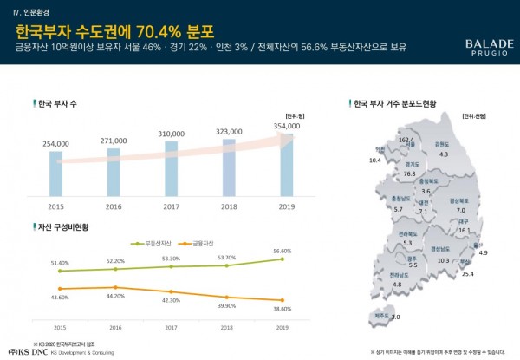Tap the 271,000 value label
pyautogui.click(x=114, y=139)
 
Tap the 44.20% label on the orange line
pyautogui.click(x=114, y=296)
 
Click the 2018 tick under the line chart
pyautogui.click(x=228, y=328)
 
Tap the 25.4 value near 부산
pyautogui.click(x=467, y=274)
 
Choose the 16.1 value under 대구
pyautogui.click(x=464, y=231)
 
